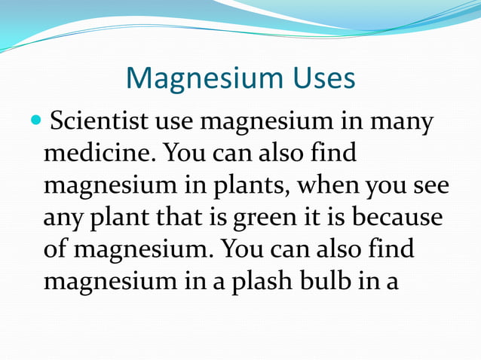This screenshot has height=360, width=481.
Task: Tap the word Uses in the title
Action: point(317,78)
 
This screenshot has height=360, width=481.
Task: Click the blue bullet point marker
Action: point(38,121)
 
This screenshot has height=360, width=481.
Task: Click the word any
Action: point(63,218)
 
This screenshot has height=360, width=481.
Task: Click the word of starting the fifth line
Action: point(56,249)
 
